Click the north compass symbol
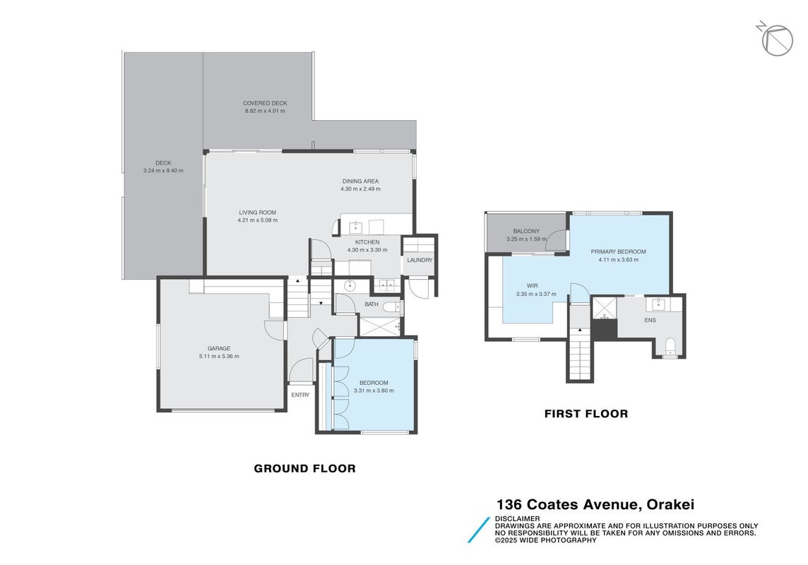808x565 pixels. point(776,39)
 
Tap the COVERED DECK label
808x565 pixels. point(265,103)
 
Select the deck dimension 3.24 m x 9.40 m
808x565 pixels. point(163,171)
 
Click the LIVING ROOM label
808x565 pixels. point(257,212)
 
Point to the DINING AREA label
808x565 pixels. point(360,182)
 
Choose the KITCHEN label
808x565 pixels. point(367,242)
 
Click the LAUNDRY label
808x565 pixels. point(420,260)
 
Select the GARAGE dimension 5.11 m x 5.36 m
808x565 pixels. point(219,357)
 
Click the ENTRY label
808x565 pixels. point(300,395)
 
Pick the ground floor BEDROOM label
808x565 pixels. point(374,383)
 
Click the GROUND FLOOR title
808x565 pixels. point(304,469)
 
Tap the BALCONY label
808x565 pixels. point(526,231)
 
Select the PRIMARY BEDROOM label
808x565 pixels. point(619,252)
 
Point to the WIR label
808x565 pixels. point(533,286)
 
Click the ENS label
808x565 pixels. point(650,320)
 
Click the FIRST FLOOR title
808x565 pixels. point(586,414)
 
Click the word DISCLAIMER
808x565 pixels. point(518,518)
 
